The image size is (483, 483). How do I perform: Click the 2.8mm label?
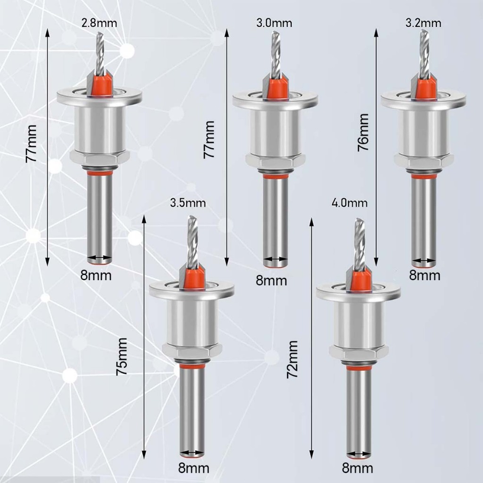point(99,23)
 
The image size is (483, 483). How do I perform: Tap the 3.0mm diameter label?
point(274,23)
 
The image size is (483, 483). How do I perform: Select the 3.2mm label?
point(423,23)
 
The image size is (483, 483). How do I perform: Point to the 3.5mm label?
point(188,203)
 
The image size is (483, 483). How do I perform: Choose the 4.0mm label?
point(350,203)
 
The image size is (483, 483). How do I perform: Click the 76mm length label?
point(363,132)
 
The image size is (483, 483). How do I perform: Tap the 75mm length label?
point(122,357)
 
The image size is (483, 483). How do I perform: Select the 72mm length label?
point(292,359)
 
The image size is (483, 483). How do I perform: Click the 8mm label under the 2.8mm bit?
point(96,275)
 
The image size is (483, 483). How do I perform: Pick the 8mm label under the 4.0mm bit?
point(358,468)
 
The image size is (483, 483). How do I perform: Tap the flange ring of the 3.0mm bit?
point(275,100)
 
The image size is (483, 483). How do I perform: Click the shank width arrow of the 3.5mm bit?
point(192,453)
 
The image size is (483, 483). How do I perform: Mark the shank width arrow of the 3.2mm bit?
point(424,260)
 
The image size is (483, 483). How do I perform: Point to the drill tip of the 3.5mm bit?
point(192,217)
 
